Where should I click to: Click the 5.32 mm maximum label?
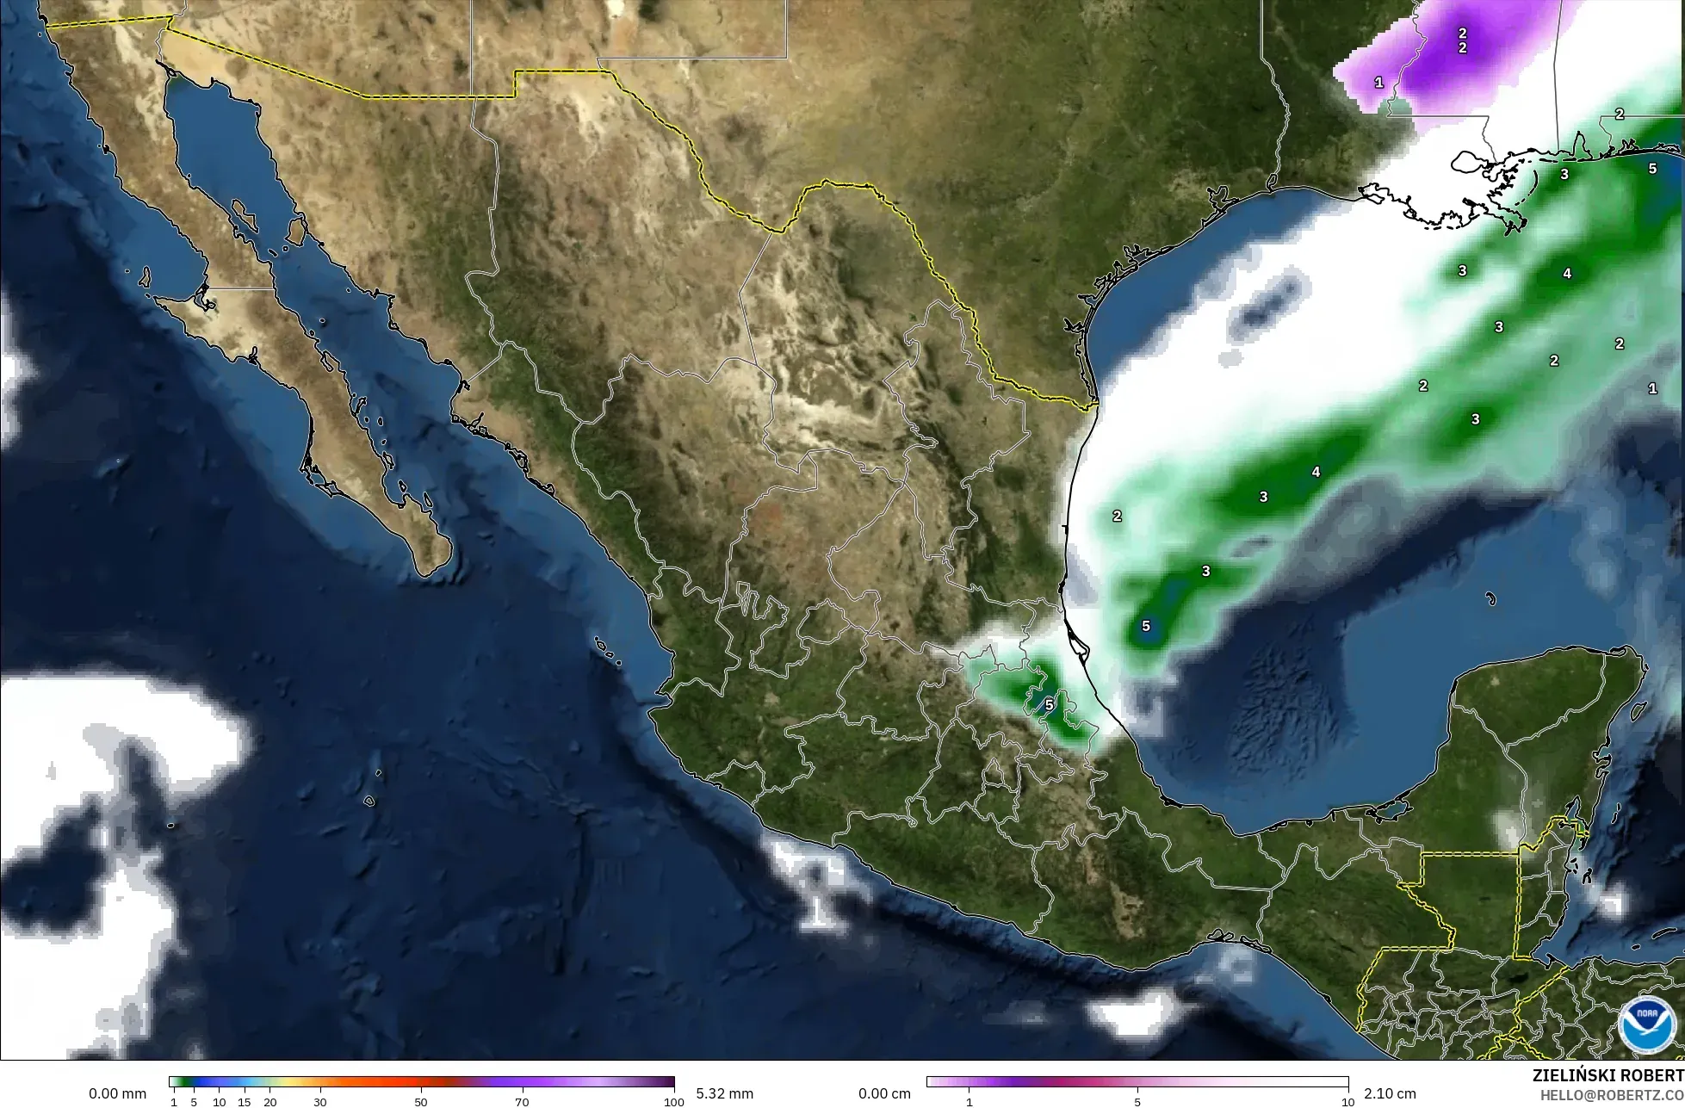pyautogui.click(x=724, y=1093)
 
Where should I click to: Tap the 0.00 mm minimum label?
pyautogui.click(x=117, y=1093)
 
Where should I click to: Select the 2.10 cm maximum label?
pyautogui.click(x=1390, y=1093)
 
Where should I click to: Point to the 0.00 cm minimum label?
pyautogui.click(x=885, y=1093)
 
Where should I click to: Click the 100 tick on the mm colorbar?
pyautogui.click(x=674, y=1102)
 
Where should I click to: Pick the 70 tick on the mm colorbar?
pyautogui.click(x=522, y=1102)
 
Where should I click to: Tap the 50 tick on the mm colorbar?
pyautogui.click(x=421, y=1102)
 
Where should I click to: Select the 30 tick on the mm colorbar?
pyautogui.click(x=320, y=1102)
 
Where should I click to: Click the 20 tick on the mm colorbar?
pyautogui.click(x=269, y=1102)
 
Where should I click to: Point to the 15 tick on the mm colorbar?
pyautogui.click(x=244, y=1102)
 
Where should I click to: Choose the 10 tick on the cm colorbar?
pyautogui.click(x=1347, y=1102)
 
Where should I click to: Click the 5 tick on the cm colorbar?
pyautogui.click(x=1137, y=1102)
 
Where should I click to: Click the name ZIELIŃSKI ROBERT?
pyautogui.click(x=1608, y=1076)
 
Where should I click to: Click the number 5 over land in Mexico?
pyautogui.click(x=1049, y=704)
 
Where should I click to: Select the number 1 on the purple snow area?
pyautogui.click(x=1378, y=83)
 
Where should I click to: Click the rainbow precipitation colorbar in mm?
pyautogui.click(x=422, y=1082)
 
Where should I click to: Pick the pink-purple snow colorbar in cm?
pyautogui.click(x=1137, y=1082)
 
